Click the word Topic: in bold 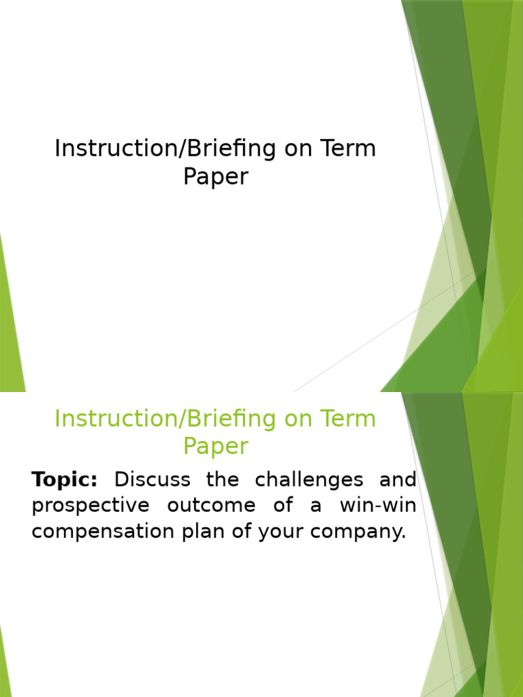(x=65, y=480)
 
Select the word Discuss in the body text (x=152, y=480)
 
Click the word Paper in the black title (x=215, y=177)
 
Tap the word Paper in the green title (x=215, y=447)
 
